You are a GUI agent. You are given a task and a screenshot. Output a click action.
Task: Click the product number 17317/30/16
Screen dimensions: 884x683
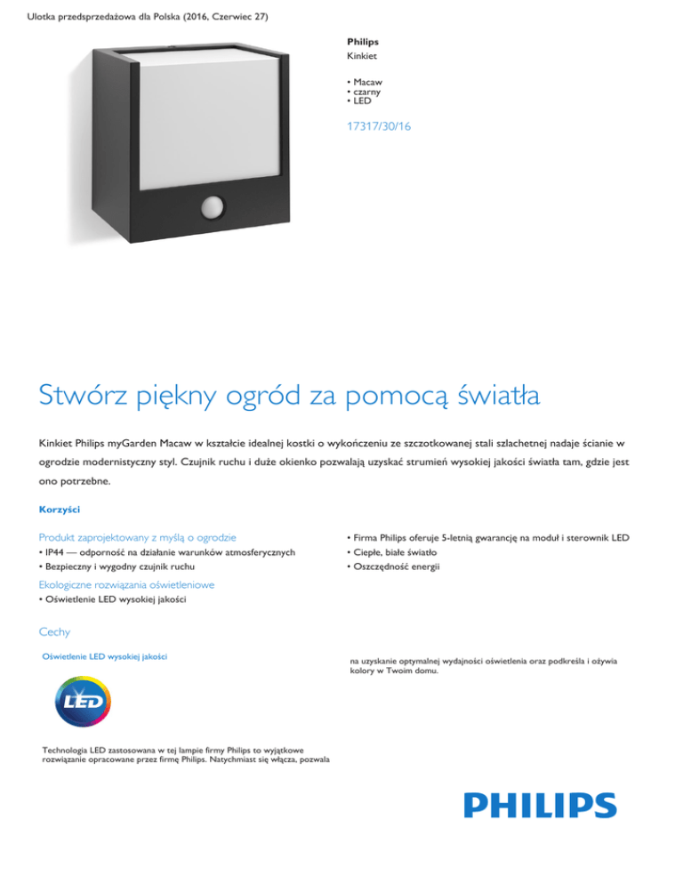point(380,127)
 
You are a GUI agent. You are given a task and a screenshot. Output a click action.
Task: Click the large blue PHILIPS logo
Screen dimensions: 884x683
point(540,807)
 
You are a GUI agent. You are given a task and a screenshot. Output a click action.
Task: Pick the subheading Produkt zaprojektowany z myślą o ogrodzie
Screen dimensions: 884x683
point(137,537)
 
